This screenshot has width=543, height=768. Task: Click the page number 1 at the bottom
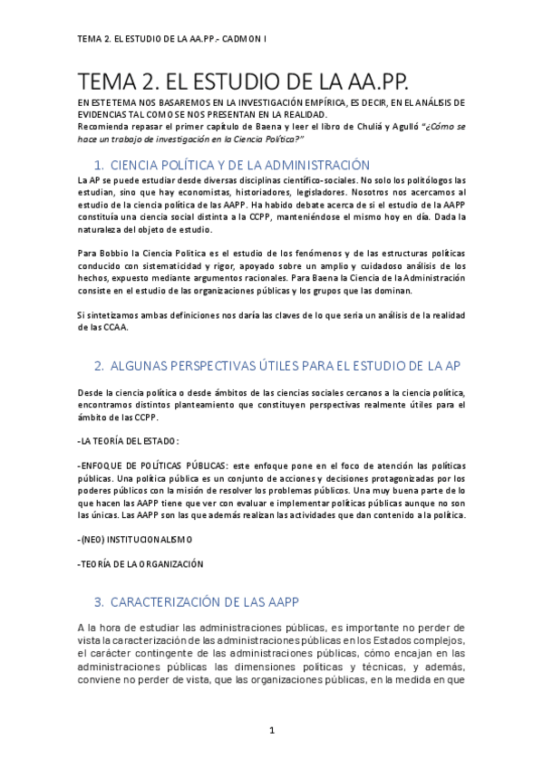click(271, 730)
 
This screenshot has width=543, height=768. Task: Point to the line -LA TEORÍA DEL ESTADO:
click(129, 441)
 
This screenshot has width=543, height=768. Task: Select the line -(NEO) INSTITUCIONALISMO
click(135, 539)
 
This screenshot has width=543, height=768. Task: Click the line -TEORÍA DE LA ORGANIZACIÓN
click(141, 563)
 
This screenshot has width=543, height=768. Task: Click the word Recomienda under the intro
click(104, 126)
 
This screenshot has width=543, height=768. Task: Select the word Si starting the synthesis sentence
click(83, 314)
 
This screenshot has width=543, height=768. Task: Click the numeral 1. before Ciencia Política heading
click(100, 165)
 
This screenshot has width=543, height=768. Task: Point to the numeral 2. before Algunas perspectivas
click(100, 366)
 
